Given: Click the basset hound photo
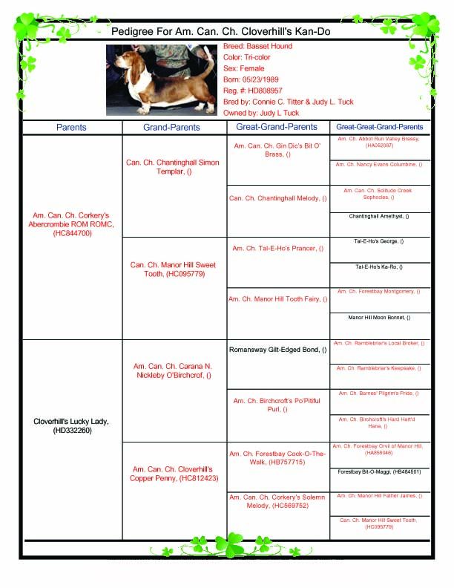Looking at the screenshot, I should click(x=163, y=79).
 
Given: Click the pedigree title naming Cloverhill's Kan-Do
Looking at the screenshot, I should click(x=220, y=32).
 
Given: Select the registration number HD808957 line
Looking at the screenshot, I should click(x=254, y=91).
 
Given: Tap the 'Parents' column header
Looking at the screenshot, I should click(x=71, y=128).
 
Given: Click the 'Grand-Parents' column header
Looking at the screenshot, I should click(x=171, y=128).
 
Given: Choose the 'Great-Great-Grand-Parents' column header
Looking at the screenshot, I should click(x=380, y=128).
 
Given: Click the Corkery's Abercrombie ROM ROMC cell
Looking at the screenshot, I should click(x=72, y=224).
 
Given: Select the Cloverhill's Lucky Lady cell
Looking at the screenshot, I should click(x=71, y=426).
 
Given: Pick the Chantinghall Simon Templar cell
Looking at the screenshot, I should click(x=173, y=167).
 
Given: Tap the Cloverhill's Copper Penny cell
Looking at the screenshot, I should click(x=174, y=474).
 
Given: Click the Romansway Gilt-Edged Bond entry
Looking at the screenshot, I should click(x=278, y=349).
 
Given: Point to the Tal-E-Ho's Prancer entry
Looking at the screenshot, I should click(x=278, y=249).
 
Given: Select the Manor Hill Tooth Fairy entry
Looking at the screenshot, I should click(x=278, y=299).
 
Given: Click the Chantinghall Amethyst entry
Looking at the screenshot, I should click(x=379, y=217).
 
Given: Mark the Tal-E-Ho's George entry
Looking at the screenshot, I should click(x=379, y=242).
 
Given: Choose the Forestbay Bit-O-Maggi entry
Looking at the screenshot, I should click(x=379, y=471).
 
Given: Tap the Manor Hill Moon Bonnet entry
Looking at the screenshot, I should click(x=379, y=318).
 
